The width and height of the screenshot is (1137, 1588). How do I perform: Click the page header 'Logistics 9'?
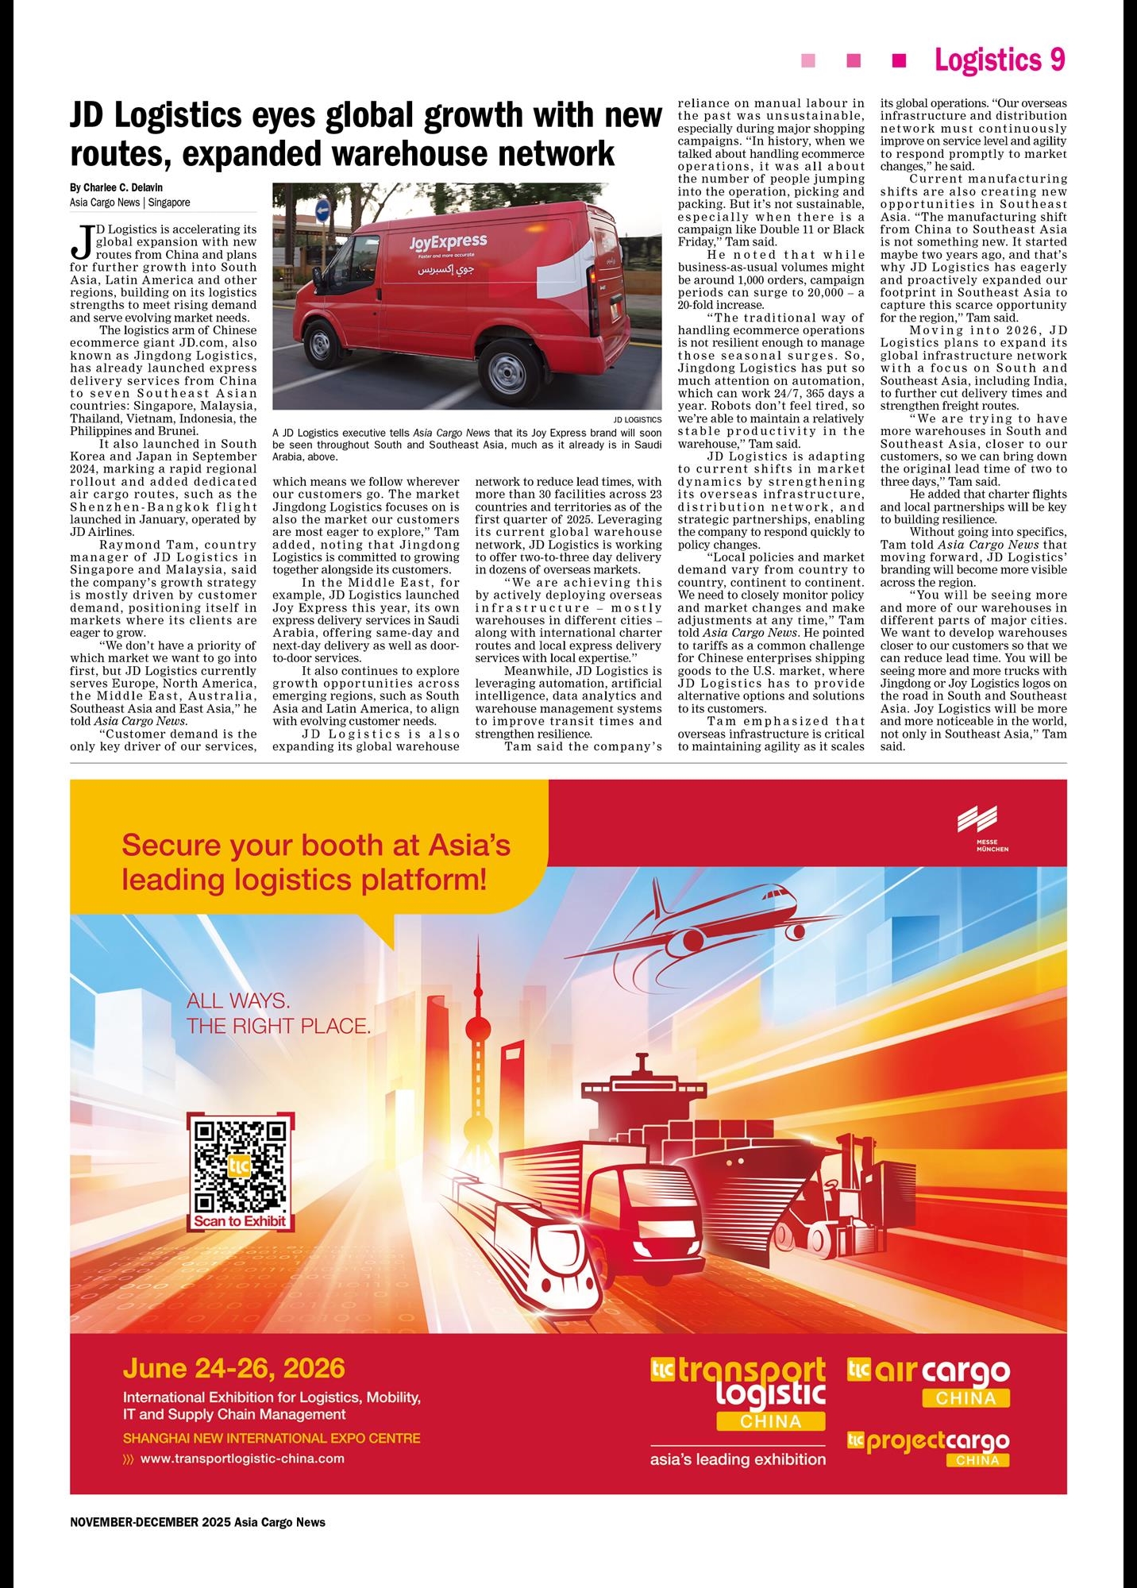point(999,60)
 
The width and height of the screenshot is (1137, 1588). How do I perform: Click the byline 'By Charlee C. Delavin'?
point(116,187)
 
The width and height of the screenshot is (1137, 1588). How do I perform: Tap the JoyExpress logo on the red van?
point(448,242)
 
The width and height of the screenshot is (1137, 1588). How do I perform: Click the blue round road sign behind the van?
point(322,210)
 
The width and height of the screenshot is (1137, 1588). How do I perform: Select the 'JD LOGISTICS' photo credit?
point(637,419)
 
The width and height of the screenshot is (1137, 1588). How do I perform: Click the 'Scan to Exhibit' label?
point(240,1221)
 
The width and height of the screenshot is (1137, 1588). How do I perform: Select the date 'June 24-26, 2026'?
point(234,1368)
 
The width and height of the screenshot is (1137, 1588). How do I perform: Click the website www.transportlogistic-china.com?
point(242,1458)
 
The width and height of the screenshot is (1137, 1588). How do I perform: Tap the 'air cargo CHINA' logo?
point(929,1382)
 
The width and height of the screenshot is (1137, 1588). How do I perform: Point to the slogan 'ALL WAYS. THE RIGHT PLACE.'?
point(278,1013)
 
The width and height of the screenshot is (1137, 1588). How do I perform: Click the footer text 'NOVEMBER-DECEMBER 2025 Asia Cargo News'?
point(198,1522)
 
